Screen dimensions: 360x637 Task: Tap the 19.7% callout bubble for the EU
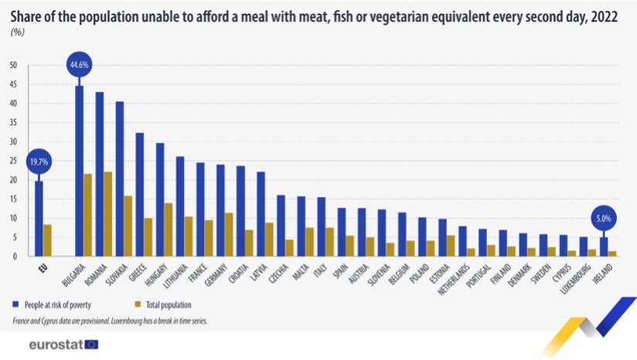(39, 162)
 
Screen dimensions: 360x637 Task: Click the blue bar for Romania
(100, 174)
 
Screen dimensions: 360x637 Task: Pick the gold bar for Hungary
(169, 229)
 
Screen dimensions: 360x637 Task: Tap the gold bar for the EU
(47, 240)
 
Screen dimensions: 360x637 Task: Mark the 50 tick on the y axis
(13, 65)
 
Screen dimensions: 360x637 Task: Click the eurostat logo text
(56, 345)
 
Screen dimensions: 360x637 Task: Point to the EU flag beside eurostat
(92, 345)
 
